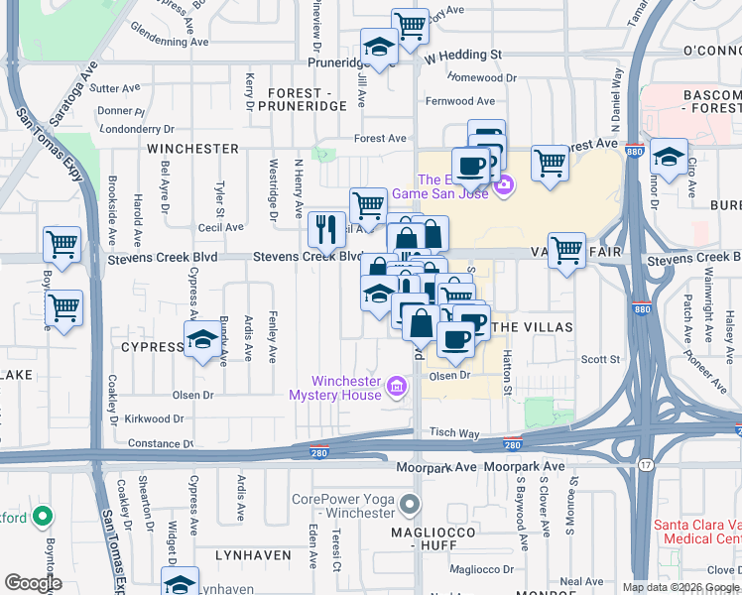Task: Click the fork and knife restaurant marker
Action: [326, 230]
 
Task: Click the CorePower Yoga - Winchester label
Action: [342, 506]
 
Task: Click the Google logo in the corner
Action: [34, 583]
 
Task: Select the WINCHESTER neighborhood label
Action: [192, 149]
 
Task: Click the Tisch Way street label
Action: [454, 433]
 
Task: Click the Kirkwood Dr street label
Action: [150, 419]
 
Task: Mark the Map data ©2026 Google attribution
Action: [680, 587]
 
